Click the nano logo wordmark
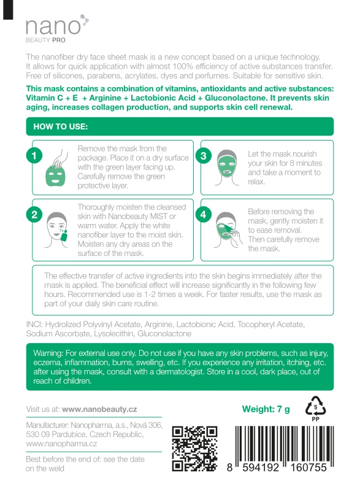(53, 26)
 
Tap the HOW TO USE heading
(60, 126)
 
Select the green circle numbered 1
(34, 156)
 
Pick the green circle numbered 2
(34, 214)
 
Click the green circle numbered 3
(203, 156)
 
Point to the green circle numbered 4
(203, 214)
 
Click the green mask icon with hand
(57, 168)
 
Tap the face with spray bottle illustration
(56, 230)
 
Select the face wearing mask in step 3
(226, 168)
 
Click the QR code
(194, 449)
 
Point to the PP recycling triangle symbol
(315, 408)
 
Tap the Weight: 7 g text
(266, 409)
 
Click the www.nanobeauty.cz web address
(99, 409)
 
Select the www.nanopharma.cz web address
(61, 444)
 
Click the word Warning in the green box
(48, 354)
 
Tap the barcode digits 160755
(308, 468)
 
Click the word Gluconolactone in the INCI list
(164, 334)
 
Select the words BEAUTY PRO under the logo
(45, 40)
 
